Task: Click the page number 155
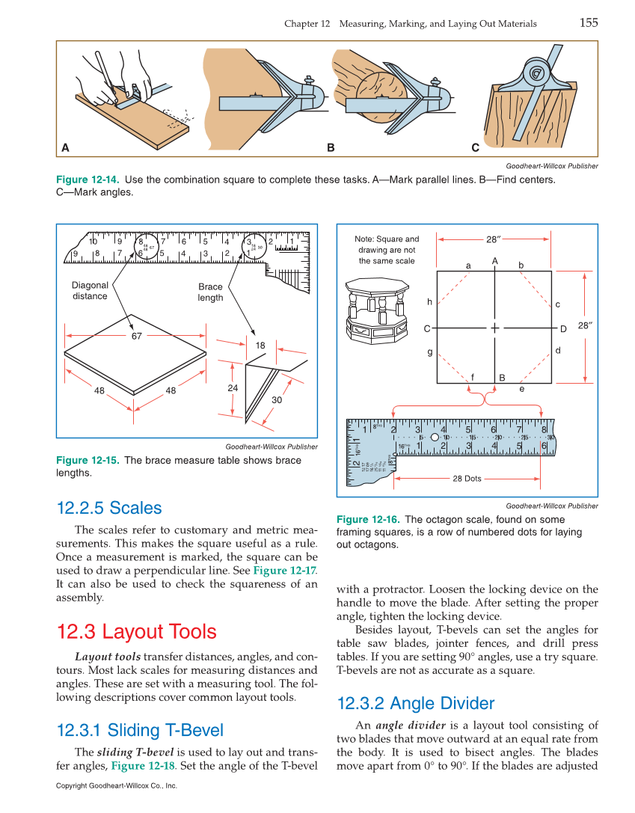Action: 588,22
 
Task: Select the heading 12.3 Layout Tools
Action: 136,632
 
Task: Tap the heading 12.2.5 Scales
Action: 109,508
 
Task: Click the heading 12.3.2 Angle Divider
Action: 415,703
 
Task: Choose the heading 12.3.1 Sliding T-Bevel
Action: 140,730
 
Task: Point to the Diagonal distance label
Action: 90,290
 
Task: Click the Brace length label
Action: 210,292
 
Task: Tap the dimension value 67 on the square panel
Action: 136,337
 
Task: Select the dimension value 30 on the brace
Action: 277,400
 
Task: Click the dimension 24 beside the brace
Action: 233,388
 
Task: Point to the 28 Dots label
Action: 467,479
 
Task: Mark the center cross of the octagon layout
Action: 495,328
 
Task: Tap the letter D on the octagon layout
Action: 563,329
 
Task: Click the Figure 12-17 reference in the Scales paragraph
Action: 279,571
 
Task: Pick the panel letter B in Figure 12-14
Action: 331,148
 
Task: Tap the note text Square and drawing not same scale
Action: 387,250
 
